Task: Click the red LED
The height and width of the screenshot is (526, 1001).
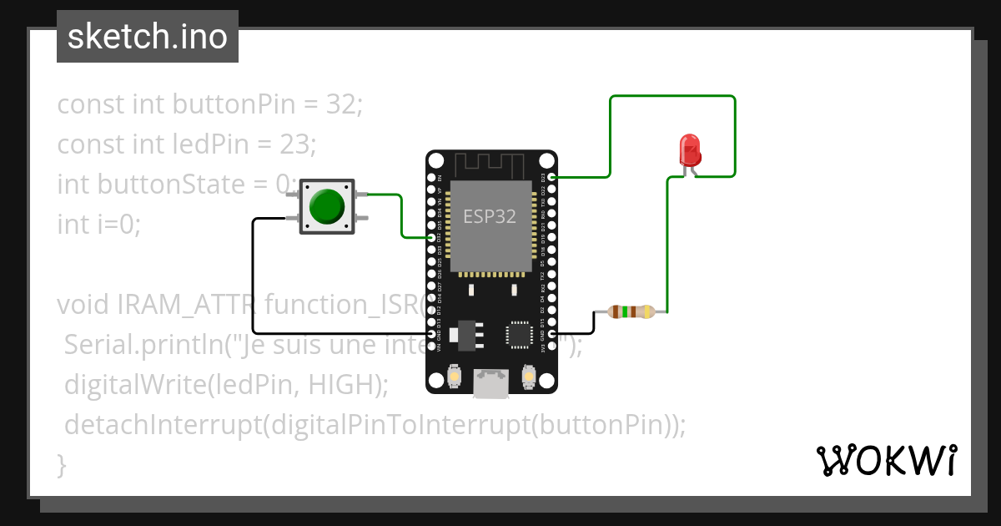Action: pos(690,151)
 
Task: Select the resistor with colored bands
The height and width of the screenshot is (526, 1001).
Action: pos(631,312)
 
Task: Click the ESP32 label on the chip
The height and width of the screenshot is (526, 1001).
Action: pos(490,217)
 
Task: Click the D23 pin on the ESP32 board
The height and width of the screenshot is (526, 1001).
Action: pos(551,177)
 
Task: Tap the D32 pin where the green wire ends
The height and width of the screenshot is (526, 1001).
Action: pos(432,238)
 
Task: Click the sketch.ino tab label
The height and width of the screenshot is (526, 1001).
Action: pos(148,37)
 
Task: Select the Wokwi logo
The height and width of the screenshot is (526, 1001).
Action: pos(886,461)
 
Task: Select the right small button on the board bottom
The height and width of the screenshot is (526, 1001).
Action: pos(528,377)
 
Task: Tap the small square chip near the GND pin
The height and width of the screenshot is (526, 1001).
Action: pos(519,334)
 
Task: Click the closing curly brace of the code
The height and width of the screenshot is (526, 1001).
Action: pos(62,464)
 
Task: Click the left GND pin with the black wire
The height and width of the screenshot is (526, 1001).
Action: pos(432,334)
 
